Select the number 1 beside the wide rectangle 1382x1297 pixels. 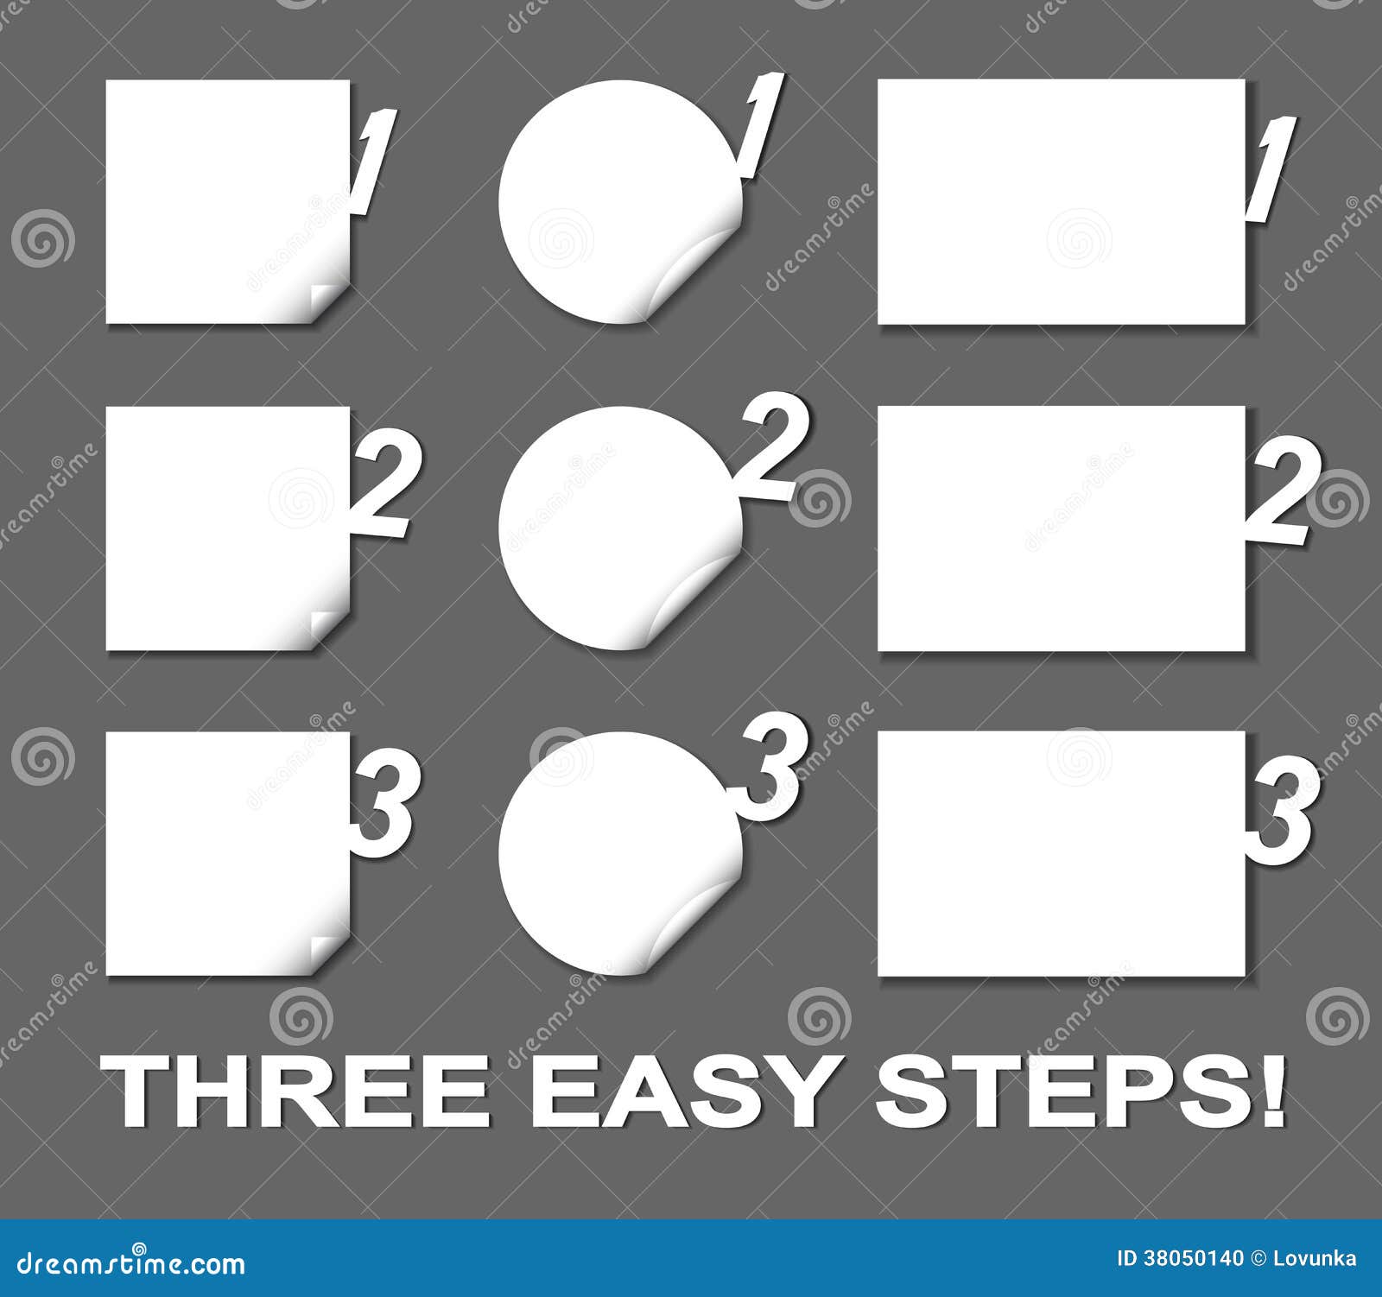(x=1270, y=168)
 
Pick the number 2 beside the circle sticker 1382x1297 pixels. (x=773, y=446)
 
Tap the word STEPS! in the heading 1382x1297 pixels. (x=1080, y=1092)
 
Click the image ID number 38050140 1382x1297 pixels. (x=1193, y=1258)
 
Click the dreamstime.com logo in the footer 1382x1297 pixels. (x=123, y=1263)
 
